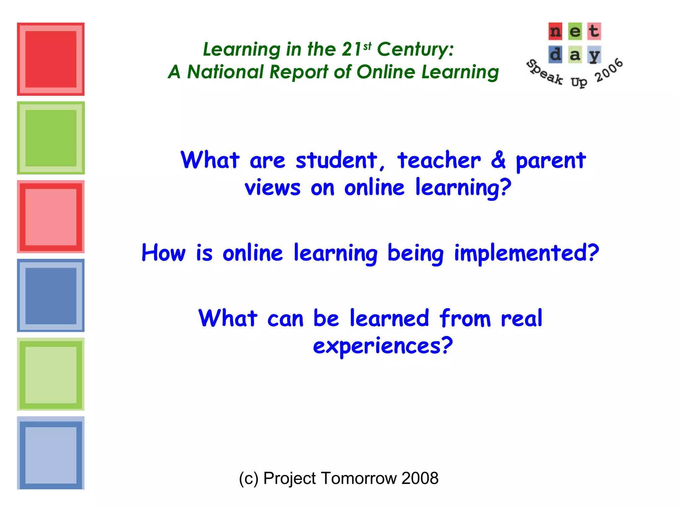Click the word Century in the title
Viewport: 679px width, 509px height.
[415, 50]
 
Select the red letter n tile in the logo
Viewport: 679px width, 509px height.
[555, 31]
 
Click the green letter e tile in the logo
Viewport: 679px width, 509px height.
[575, 31]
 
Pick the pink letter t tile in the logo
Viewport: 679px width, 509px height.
[594, 31]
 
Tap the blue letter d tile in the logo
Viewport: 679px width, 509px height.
[555, 54]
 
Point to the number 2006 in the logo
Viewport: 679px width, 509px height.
[609, 70]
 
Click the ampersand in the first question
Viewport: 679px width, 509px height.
[498, 160]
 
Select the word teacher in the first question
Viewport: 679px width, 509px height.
[439, 160]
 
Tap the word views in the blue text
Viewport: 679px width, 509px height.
[273, 188]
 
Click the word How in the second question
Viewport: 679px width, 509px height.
[163, 253]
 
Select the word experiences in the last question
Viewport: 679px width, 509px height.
[383, 346]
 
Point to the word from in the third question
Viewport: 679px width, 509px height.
[465, 318]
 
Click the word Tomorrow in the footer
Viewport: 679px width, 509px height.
[358, 479]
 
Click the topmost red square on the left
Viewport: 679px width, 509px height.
[51, 59]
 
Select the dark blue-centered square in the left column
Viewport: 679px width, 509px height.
[51, 296]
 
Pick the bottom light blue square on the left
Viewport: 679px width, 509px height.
[51, 453]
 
